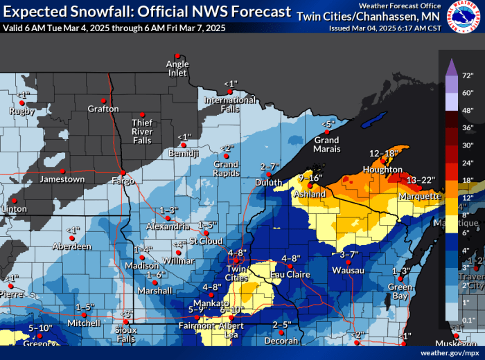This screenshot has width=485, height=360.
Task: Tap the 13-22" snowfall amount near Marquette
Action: click(x=421, y=180)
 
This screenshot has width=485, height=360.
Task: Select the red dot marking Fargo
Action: click(x=123, y=173)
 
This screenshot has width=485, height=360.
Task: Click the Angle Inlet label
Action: click(x=177, y=69)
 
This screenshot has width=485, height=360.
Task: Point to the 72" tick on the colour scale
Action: click(x=468, y=74)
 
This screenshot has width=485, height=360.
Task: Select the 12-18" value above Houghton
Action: click(x=382, y=153)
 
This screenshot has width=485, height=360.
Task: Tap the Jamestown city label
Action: click(x=63, y=179)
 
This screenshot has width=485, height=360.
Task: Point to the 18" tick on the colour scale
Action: click(x=468, y=181)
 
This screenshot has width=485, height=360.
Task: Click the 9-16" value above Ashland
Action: click(x=310, y=178)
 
